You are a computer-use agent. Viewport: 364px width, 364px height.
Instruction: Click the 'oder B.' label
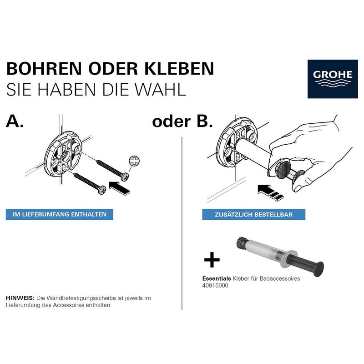[x=182, y=122]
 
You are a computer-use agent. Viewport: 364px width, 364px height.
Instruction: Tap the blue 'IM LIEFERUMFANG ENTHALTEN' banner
[x=60, y=214]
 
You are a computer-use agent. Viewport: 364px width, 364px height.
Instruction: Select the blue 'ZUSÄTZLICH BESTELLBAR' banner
[x=254, y=214]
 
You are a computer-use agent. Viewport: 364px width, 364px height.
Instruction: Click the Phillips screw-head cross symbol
[x=134, y=161]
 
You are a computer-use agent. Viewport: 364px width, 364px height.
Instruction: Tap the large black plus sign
[x=212, y=261]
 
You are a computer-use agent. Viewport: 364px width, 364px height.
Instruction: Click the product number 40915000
[x=215, y=286]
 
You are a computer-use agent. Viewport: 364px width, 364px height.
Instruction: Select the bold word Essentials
[x=216, y=278]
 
